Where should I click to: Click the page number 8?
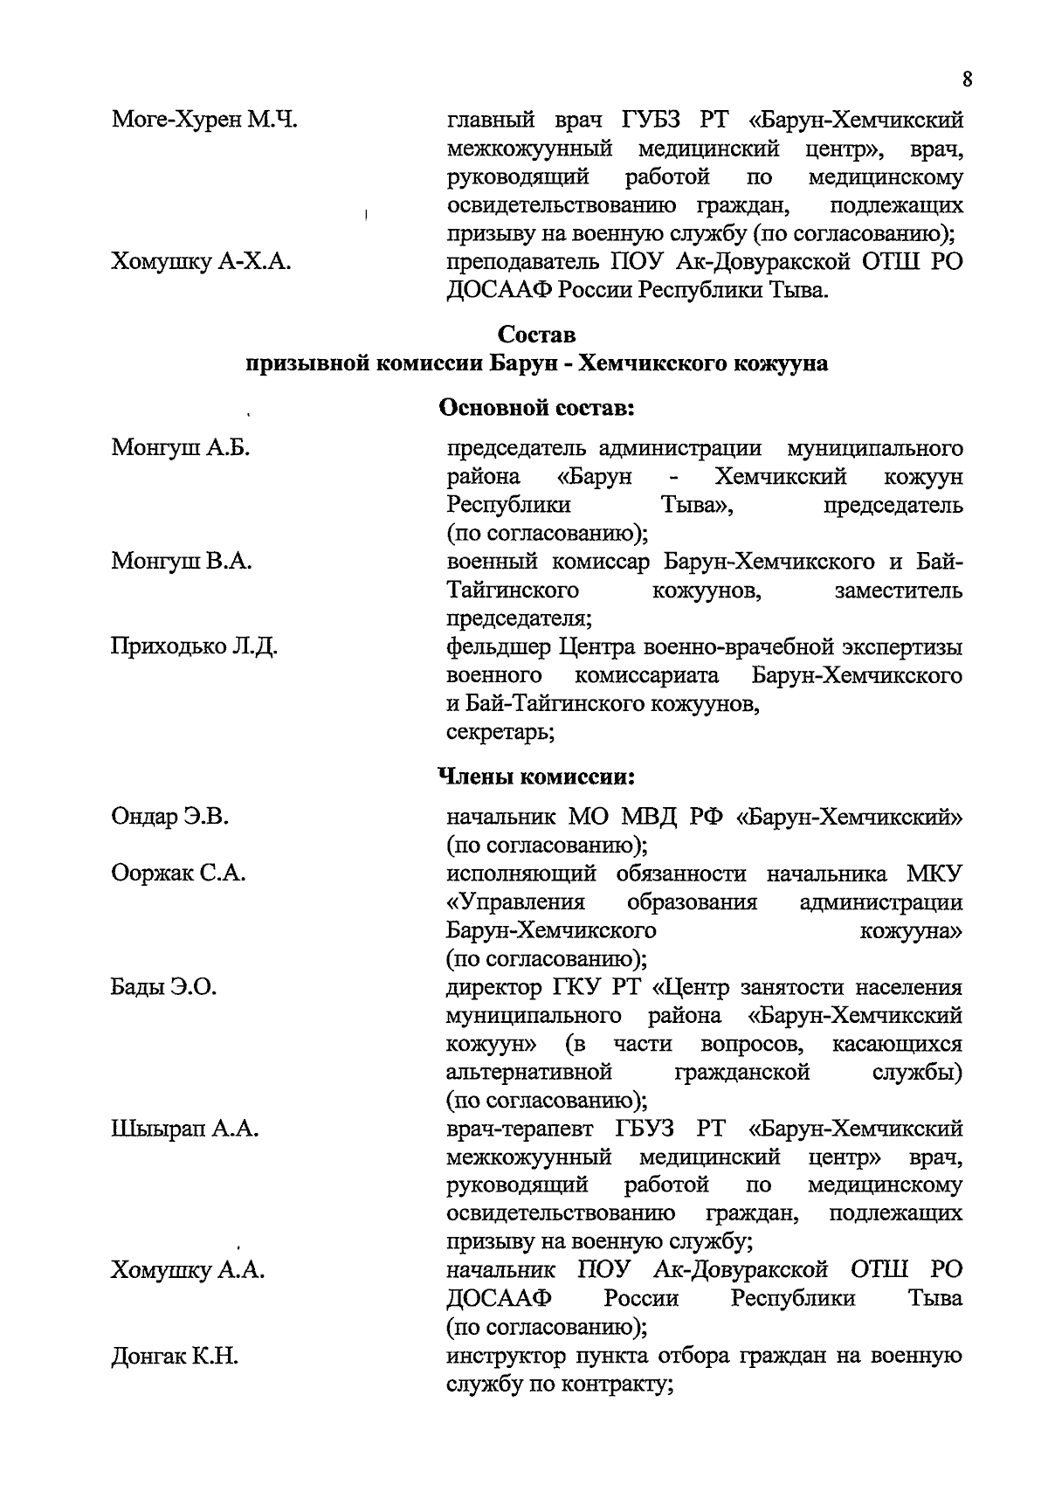967,80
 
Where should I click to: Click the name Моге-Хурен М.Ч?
204,120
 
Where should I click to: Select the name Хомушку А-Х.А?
201,261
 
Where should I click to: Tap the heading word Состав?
536,335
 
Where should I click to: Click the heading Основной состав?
535,408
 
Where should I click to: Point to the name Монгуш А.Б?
181,448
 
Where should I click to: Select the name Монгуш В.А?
182,562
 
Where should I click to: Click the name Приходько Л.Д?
195,647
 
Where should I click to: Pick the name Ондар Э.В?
170,817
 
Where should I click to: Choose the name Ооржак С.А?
178,873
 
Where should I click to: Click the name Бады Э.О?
164,987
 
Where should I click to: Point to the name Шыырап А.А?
185,1129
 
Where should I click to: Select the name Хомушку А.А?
188,1271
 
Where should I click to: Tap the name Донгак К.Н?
175,1357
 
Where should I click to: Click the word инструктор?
504,1357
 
